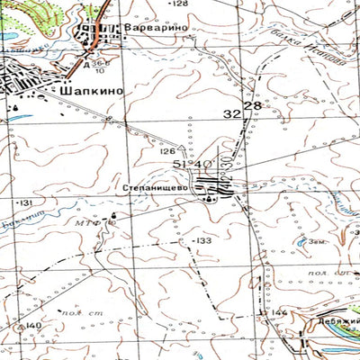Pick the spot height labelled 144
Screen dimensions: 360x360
click(x=280, y=312)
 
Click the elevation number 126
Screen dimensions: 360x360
click(x=167, y=151)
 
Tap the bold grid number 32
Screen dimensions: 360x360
click(x=232, y=113)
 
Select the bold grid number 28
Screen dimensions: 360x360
click(x=252, y=107)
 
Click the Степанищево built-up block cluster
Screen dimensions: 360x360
click(x=218, y=186)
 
